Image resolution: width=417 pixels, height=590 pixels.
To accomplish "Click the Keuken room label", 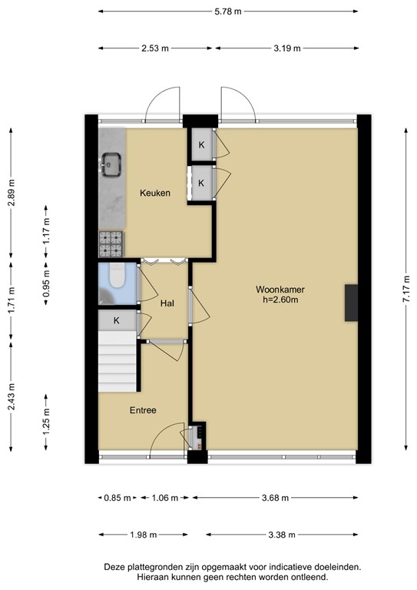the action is (x=155, y=193).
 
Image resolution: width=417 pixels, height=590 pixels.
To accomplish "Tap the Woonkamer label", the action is (x=280, y=290).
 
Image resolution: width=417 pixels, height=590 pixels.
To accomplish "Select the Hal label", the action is (x=167, y=303).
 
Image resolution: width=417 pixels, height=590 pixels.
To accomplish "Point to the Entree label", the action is (x=143, y=410).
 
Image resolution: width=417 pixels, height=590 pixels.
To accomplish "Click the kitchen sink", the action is (x=111, y=164).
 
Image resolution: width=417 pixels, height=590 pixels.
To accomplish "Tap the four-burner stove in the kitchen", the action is (x=111, y=244).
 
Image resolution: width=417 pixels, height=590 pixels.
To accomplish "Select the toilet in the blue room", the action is (x=117, y=276).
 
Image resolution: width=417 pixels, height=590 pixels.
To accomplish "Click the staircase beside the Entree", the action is (x=117, y=361).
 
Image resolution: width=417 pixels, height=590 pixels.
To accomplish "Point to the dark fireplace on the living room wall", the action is (x=351, y=303).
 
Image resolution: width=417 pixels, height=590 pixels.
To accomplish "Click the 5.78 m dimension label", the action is (x=228, y=12).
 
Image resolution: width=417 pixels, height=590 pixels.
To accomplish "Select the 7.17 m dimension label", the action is (x=406, y=289).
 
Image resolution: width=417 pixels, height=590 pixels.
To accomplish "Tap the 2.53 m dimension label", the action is (x=155, y=48).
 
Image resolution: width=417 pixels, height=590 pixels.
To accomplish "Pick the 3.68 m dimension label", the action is (x=275, y=498).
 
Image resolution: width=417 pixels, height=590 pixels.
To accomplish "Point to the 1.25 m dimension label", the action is (x=46, y=423).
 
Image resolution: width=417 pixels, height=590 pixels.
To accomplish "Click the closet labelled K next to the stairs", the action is (x=117, y=320).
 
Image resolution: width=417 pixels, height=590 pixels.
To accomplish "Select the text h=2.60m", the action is (x=280, y=300).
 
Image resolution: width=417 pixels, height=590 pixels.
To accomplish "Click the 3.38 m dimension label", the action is (x=282, y=535).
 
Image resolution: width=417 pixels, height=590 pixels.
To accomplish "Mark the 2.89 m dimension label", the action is (x=12, y=192).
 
